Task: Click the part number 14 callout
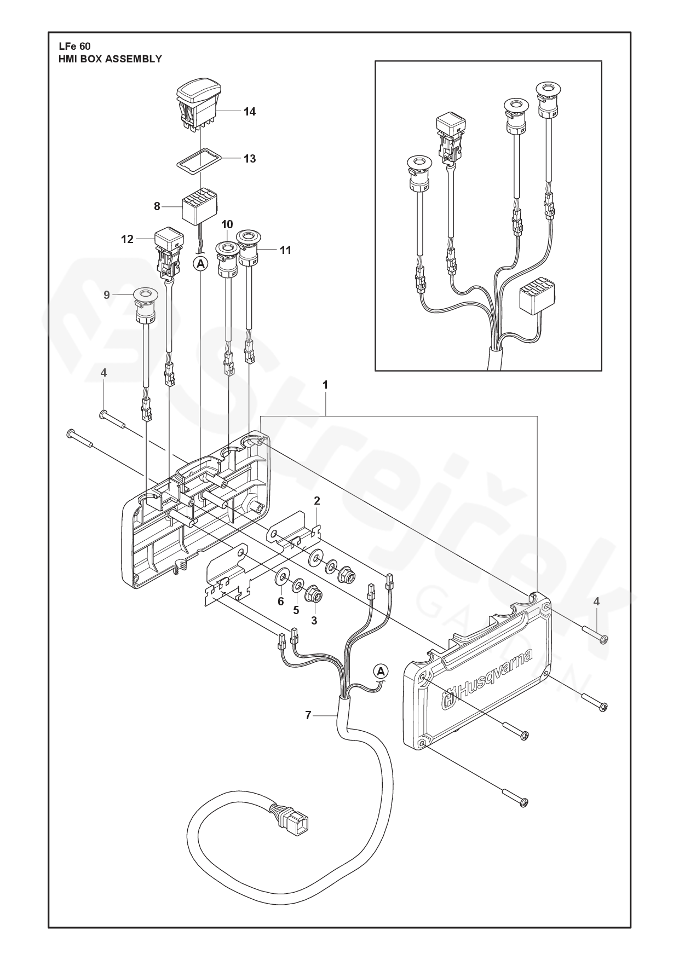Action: tap(250, 112)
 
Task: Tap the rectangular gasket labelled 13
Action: tap(199, 158)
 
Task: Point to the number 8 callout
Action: tap(157, 206)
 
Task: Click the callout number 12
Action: tap(127, 239)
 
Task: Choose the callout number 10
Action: tap(227, 224)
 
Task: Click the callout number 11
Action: tap(285, 250)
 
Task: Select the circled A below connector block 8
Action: tap(201, 264)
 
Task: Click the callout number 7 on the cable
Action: tap(308, 715)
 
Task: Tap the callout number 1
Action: tap(325, 385)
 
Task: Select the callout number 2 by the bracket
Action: tap(317, 501)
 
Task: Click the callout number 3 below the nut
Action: tap(314, 621)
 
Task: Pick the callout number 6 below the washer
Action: tap(280, 602)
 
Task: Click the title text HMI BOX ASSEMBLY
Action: tap(110, 59)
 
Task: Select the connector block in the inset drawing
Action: tap(537, 295)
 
